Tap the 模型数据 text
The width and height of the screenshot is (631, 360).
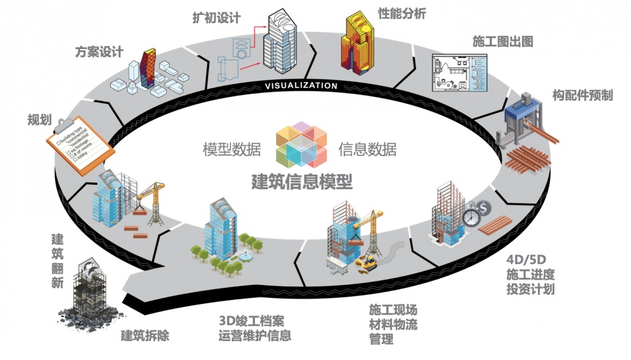coord(232,149)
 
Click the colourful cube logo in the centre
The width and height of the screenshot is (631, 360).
coord(301,144)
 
